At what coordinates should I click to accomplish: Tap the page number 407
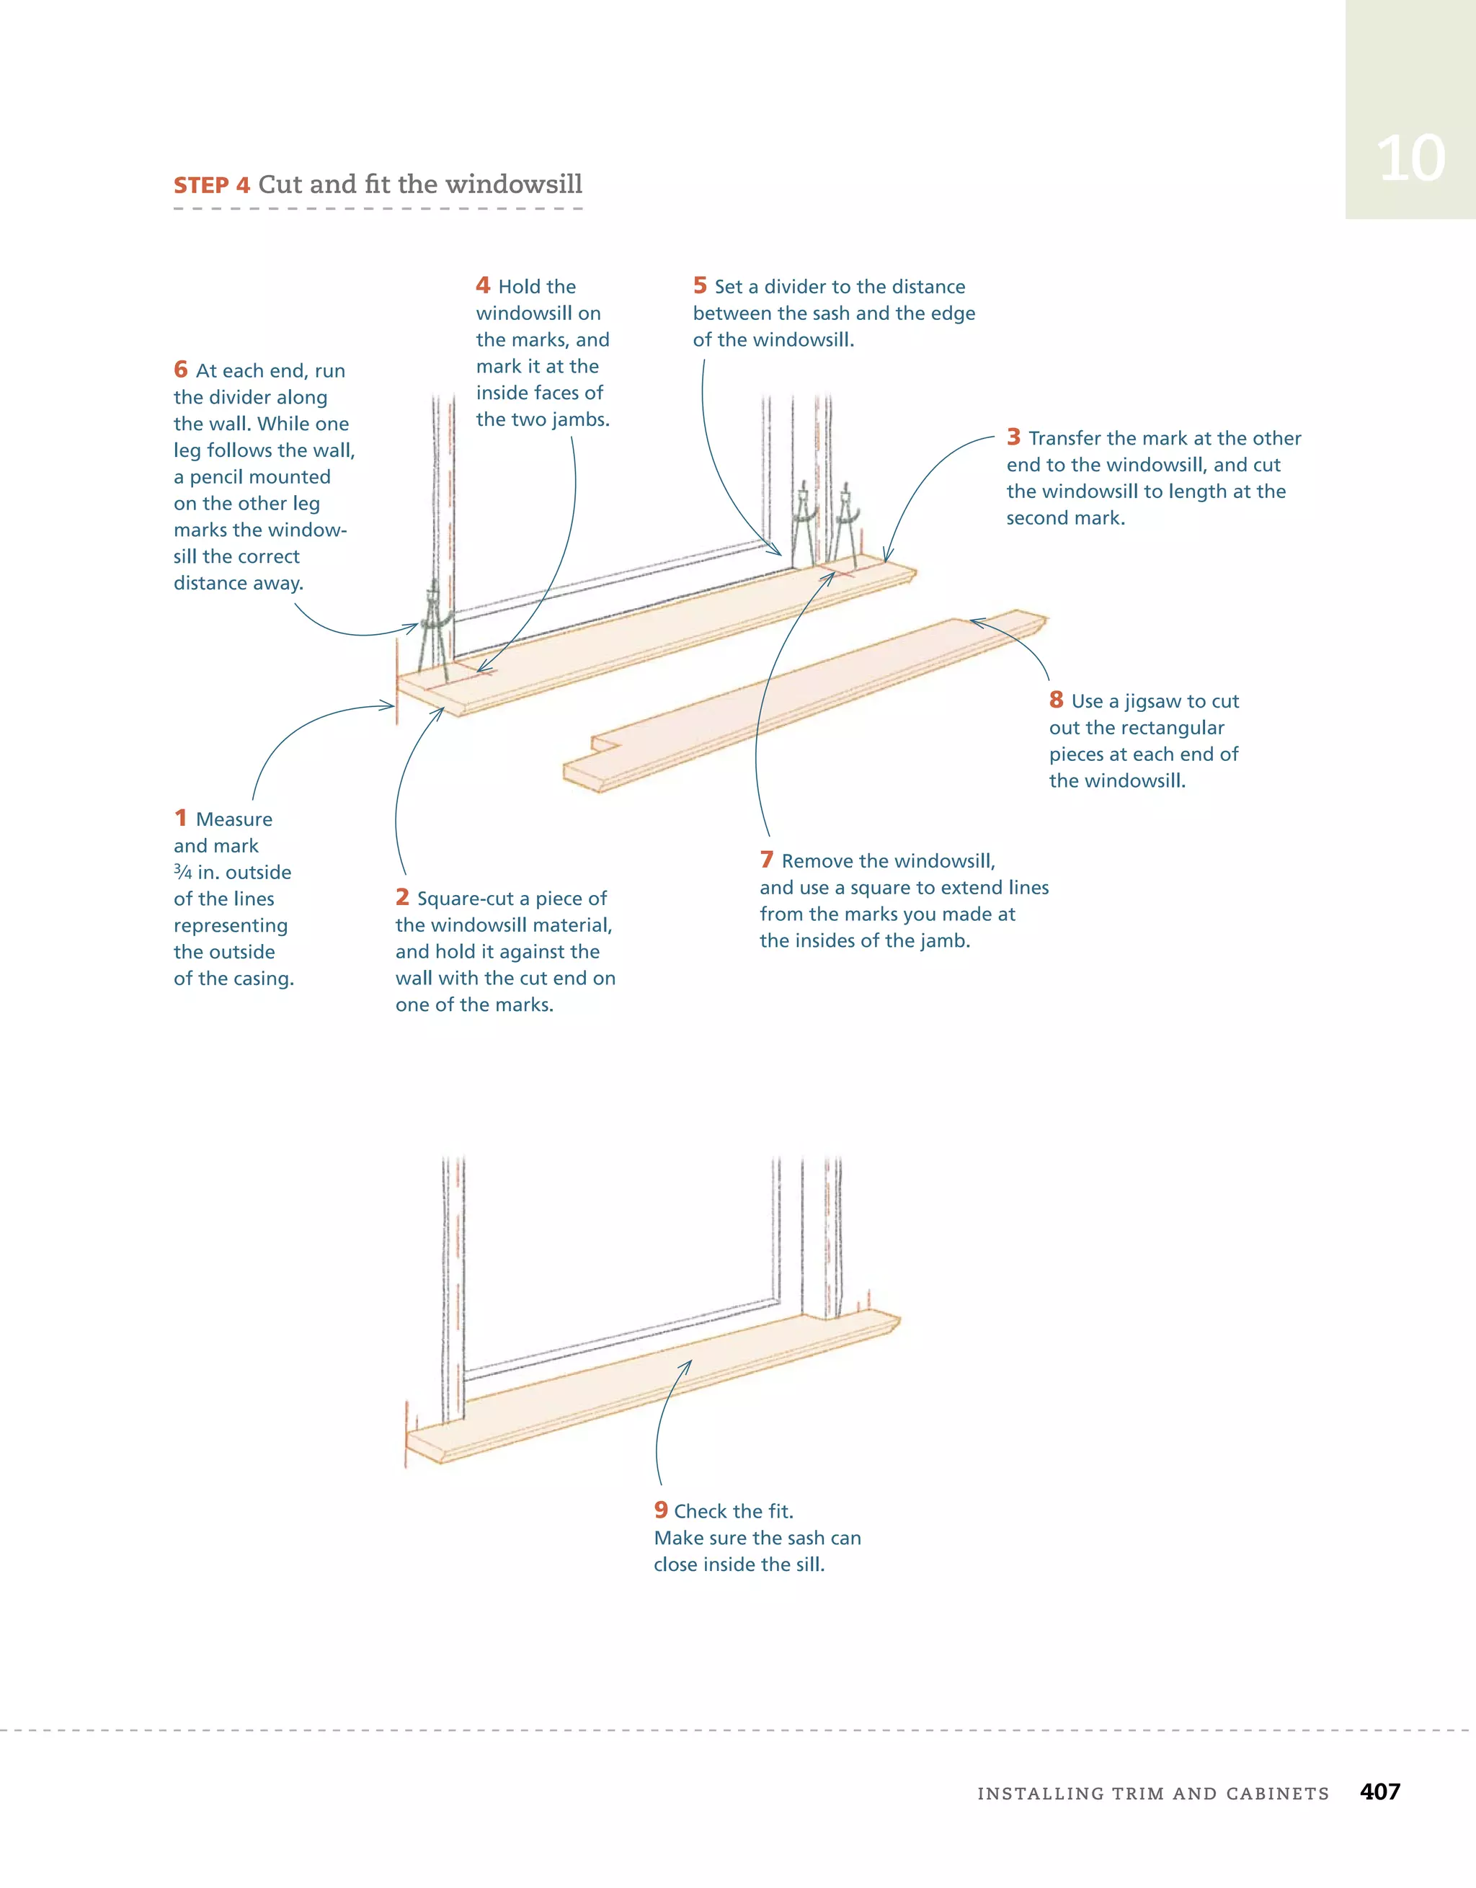(1379, 1791)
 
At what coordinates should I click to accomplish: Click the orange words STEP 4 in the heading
(212, 185)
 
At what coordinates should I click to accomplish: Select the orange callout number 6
(181, 369)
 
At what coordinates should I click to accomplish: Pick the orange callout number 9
(661, 1510)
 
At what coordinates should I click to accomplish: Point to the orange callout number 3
(1013, 437)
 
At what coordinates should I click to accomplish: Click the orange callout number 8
(1056, 700)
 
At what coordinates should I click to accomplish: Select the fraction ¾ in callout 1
(183, 871)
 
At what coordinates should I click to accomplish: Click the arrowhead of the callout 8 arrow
(973, 620)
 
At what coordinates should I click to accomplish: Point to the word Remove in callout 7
(811, 861)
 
